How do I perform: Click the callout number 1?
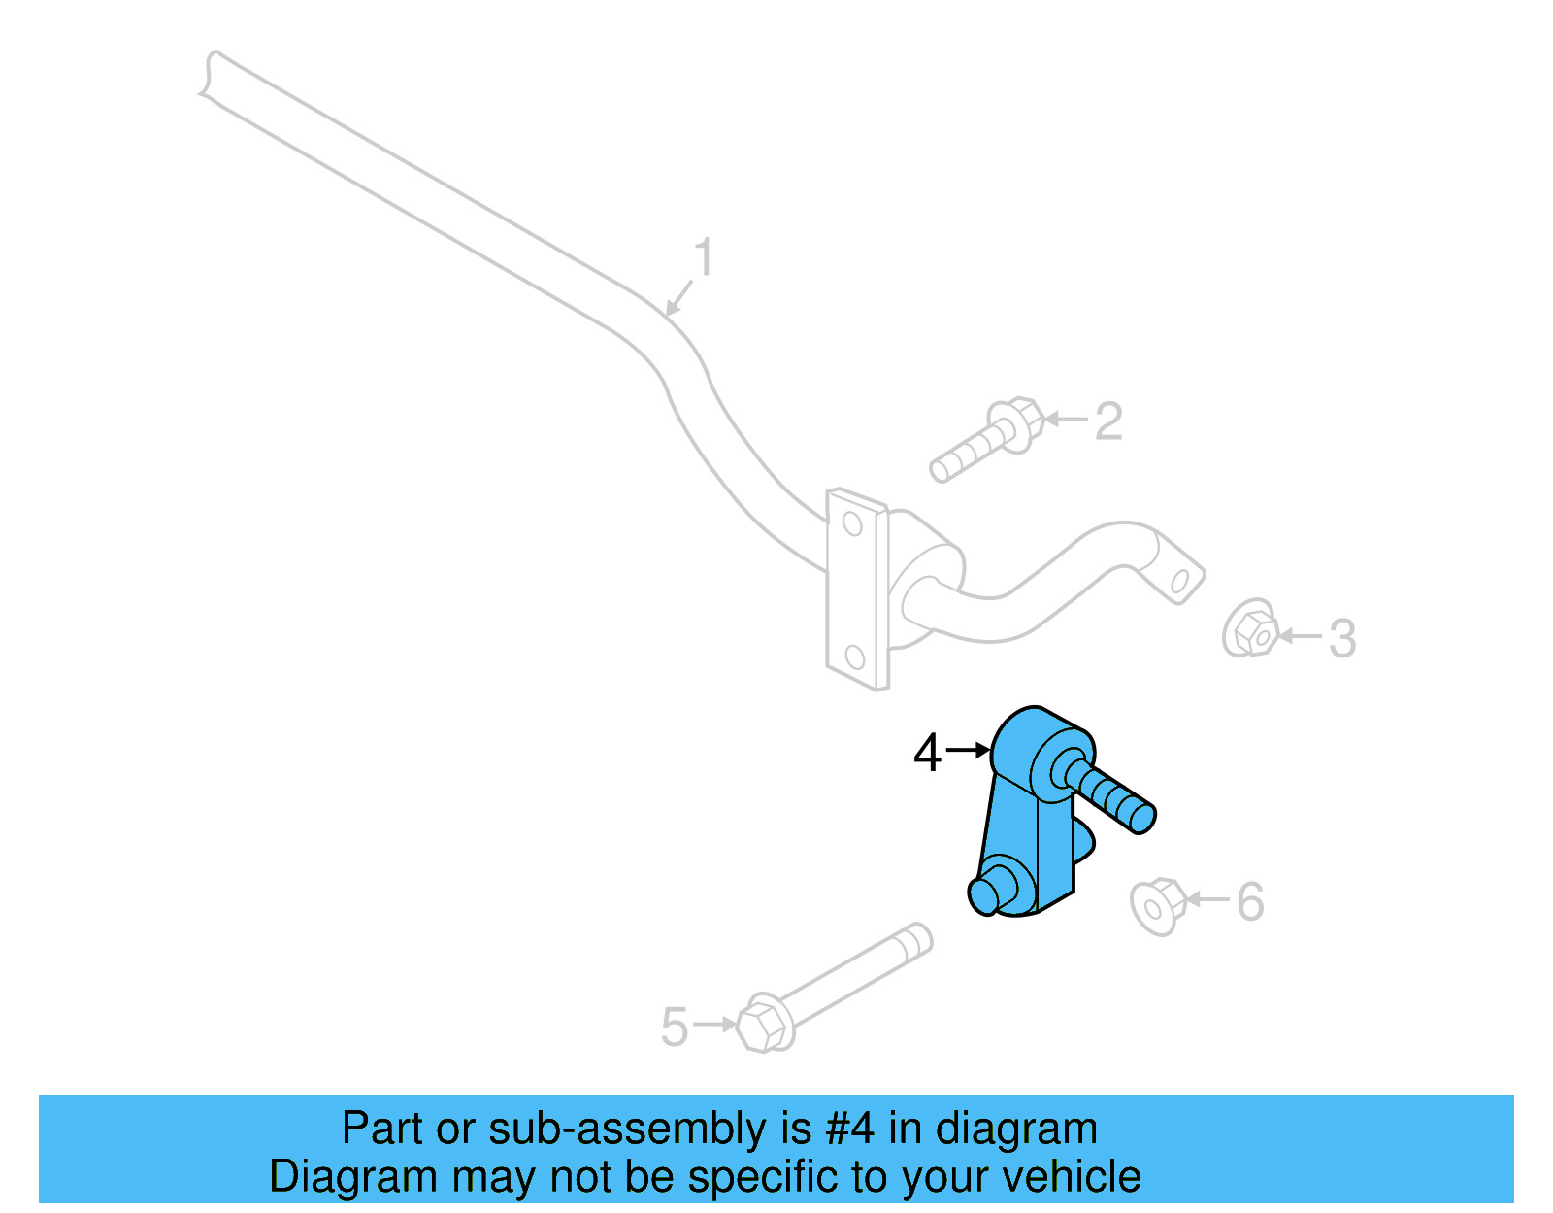[704, 258]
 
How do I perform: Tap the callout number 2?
[1108, 421]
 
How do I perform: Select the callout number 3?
[1341, 638]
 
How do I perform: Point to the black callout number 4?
[927, 753]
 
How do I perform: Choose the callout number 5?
[674, 1027]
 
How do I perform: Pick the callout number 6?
[1250, 901]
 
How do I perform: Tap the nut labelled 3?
[1251, 629]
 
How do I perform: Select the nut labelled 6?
[1158, 906]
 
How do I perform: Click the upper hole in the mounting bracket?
[852, 523]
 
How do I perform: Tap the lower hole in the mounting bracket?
[855, 657]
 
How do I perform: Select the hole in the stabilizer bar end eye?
[1180, 582]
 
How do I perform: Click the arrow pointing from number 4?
[968, 750]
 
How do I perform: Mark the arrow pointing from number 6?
[1208, 899]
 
